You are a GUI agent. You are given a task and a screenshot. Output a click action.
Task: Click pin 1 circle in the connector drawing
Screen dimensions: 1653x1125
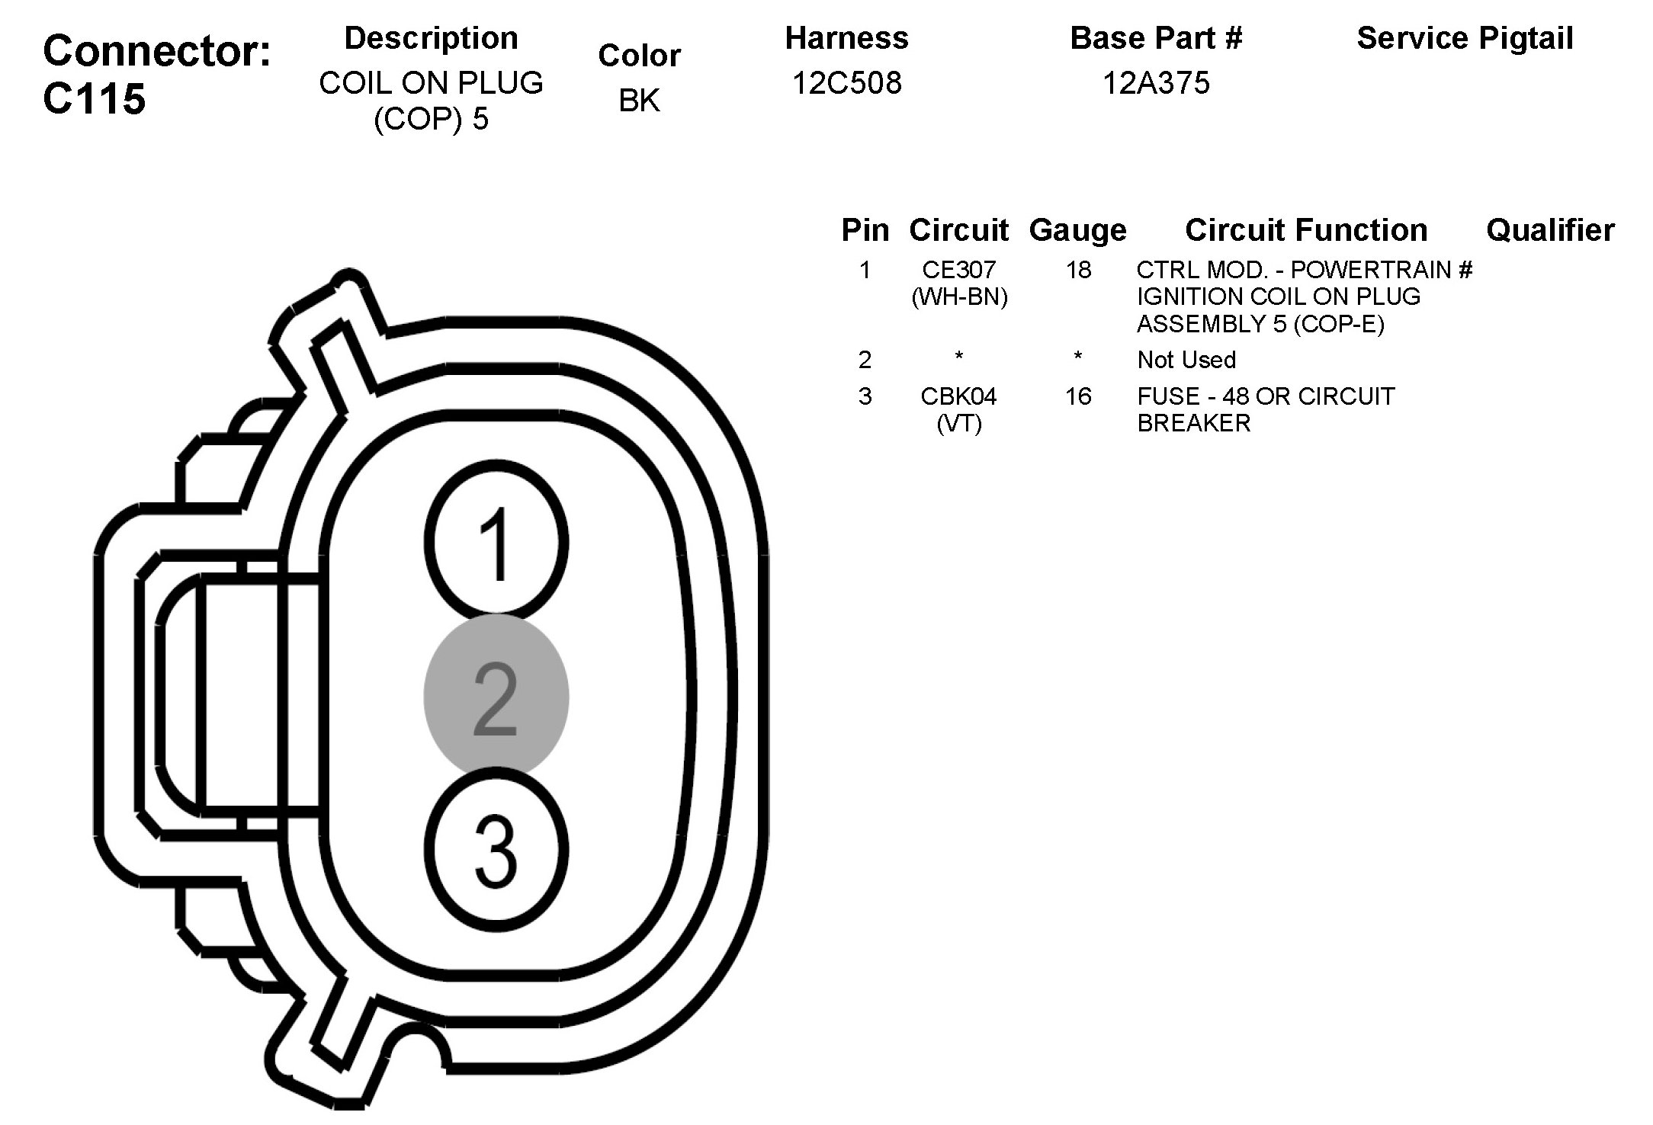[x=496, y=542]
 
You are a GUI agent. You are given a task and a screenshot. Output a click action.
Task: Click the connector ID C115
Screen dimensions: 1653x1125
[x=94, y=98]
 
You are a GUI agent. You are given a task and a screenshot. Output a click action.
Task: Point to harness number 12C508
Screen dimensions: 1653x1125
[x=846, y=82]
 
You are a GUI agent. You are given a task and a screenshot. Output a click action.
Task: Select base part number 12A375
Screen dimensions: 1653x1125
[x=1156, y=82]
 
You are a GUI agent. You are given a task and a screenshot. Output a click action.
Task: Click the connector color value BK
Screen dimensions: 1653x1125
[x=639, y=100]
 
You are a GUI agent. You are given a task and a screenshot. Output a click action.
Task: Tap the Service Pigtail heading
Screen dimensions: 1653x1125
[x=1465, y=38]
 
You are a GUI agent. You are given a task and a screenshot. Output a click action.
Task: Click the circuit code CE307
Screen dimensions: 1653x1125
[x=959, y=270]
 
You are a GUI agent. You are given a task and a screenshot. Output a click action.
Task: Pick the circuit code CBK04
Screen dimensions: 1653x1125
[x=958, y=396]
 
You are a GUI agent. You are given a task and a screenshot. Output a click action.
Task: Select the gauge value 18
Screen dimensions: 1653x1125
[x=1078, y=270]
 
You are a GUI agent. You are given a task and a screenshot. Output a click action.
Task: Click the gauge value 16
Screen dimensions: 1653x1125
[x=1078, y=396]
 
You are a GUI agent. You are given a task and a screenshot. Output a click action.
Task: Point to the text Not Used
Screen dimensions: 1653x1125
[x=1186, y=360]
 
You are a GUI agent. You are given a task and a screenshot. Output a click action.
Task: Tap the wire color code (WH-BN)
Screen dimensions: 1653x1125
[x=959, y=296]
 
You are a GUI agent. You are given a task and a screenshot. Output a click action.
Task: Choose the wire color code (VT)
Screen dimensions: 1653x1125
[x=959, y=423]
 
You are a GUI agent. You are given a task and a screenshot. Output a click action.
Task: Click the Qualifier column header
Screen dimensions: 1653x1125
[x=1550, y=230]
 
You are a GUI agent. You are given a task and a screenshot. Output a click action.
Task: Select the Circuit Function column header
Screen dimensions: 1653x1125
[x=1306, y=230]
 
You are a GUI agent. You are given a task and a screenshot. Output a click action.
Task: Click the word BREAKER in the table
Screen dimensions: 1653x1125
[x=1193, y=423]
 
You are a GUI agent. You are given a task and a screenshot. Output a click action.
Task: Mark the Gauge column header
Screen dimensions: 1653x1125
[x=1077, y=230]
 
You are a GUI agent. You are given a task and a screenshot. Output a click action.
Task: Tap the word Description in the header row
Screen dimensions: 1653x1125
[x=431, y=38]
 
